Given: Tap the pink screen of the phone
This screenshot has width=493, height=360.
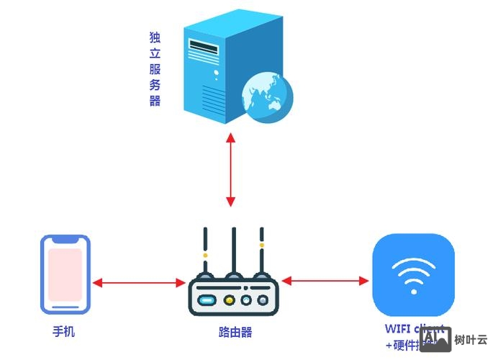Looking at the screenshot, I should click(65, 274).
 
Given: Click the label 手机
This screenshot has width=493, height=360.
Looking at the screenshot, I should click(63, 332).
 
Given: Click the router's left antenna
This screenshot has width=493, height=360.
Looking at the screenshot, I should click(206, 252).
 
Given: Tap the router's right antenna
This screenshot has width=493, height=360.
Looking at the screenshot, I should click(261, 252).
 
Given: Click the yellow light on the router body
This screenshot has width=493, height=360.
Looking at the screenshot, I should click(230, 300).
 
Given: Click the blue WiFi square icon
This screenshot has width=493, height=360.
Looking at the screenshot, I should click(413, 274).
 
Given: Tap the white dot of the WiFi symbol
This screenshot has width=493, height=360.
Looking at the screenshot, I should click(413, 292).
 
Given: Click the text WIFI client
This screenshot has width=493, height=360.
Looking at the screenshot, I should click(415, 329).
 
